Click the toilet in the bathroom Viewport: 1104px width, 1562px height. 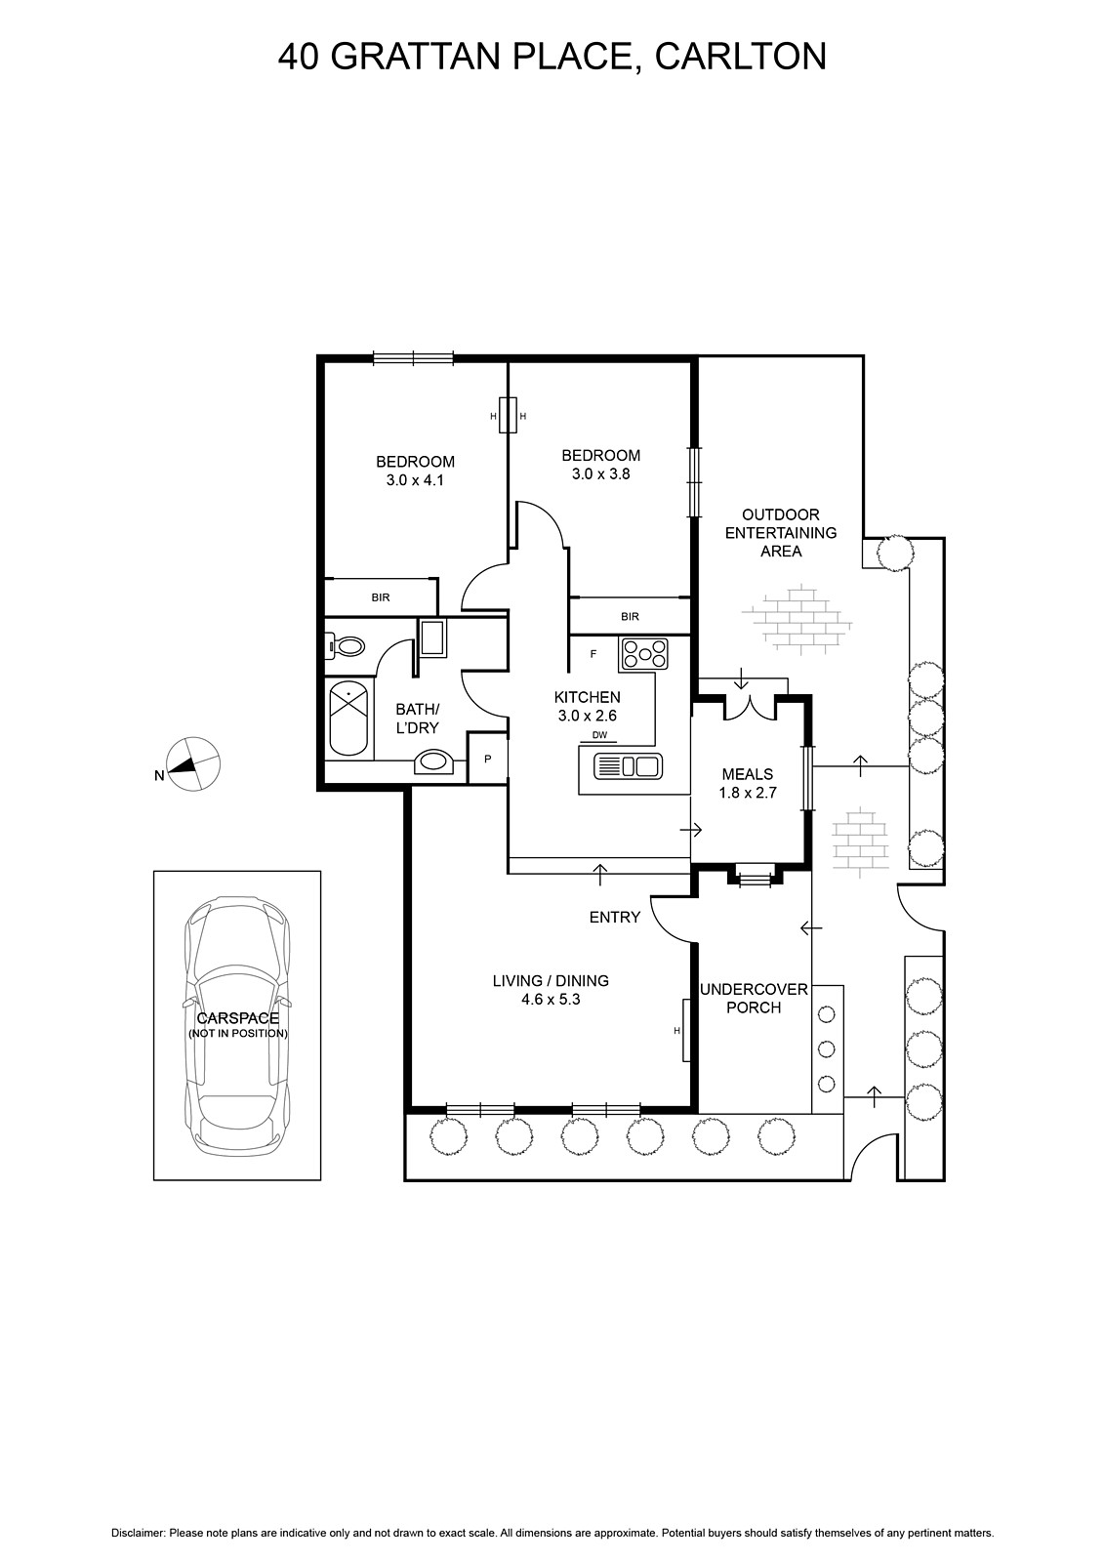coord(346,646)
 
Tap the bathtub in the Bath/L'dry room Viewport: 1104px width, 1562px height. coord(348,719)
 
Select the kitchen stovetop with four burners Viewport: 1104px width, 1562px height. coord(643,655)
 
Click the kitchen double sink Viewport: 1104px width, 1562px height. coord(628,766)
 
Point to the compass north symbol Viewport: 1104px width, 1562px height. coord(192,764)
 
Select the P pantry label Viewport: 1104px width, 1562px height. coord(487,759)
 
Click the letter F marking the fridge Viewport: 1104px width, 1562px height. coord(593,654)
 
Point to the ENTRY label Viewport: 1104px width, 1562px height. coord(614,918)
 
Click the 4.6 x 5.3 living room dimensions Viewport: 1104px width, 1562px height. coord(551,1000)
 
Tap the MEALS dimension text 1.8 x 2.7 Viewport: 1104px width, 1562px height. coord(748,792)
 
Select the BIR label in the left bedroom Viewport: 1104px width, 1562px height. coord(381,597)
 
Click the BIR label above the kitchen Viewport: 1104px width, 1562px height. coord(630,616)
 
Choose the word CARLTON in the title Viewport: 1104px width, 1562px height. coord(741,57)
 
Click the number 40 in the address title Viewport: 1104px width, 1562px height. coord(300,57)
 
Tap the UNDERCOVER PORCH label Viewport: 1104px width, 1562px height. coord(754,998)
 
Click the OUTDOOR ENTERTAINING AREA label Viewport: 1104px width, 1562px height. coord(780,533)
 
